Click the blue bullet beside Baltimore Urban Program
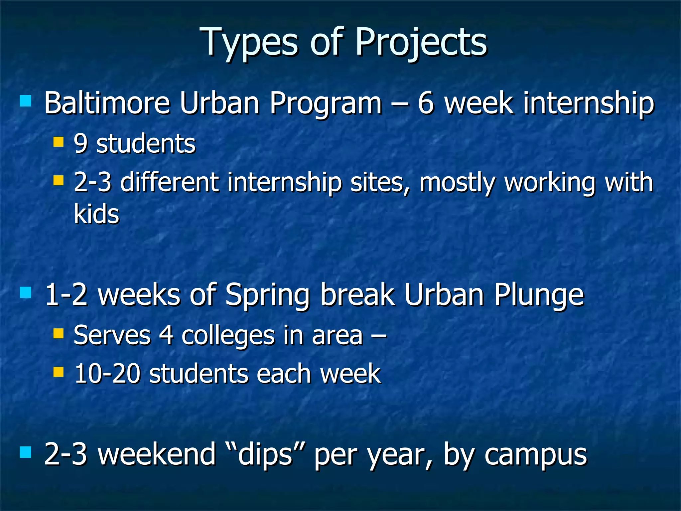point(26,101)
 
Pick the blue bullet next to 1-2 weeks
point(26,293)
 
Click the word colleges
point(228,335)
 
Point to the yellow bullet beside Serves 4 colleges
point(59,334)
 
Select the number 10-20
point(107,374)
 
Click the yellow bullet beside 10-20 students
point(59,372)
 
